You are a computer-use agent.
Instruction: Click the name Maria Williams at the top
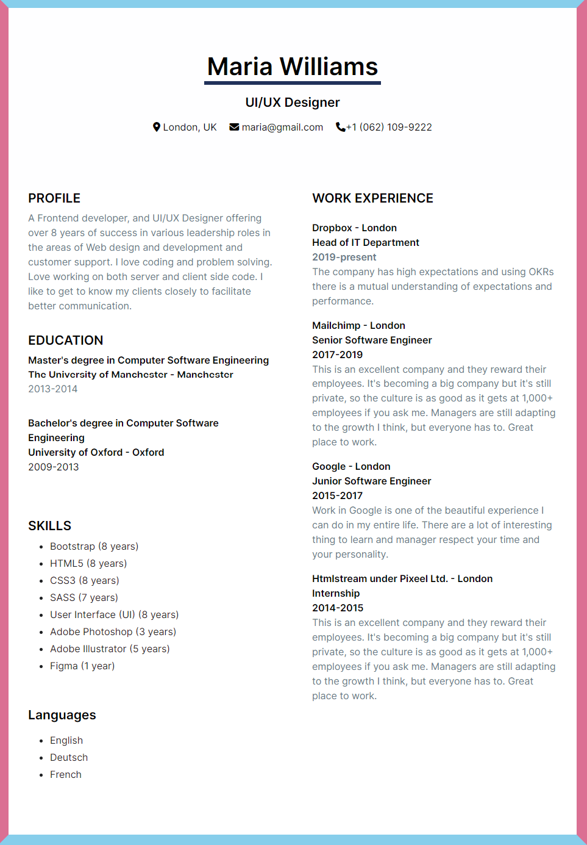pos(293,67)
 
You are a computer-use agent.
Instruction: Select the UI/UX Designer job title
pos(293,102)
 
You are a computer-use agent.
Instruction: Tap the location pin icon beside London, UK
pos(157,127)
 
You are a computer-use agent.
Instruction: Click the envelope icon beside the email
pos(234,127)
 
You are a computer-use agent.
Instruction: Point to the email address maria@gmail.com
pos(282,127)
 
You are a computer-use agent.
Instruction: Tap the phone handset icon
pos(340,127)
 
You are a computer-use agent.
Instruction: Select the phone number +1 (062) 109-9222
pos(390,127)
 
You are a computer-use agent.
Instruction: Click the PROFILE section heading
pos(54,198)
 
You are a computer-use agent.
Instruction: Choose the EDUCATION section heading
pos(66,340)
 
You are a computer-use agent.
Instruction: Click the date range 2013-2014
pos(53,389)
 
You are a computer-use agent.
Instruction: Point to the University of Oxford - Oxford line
pos(96,452)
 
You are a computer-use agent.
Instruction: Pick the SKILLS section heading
pos(50,526)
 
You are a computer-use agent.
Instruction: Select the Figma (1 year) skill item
pos(82,666)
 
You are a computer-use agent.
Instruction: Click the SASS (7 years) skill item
pos(84,597)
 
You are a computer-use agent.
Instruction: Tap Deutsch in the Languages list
pos(69,757)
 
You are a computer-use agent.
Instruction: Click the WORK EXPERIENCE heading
pos(372,198)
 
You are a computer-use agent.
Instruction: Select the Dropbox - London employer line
pos(354,228)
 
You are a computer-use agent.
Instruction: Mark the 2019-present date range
pos(344,257)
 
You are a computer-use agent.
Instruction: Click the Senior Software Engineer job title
pos(372,340)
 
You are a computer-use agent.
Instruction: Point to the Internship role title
pos(336,593)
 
